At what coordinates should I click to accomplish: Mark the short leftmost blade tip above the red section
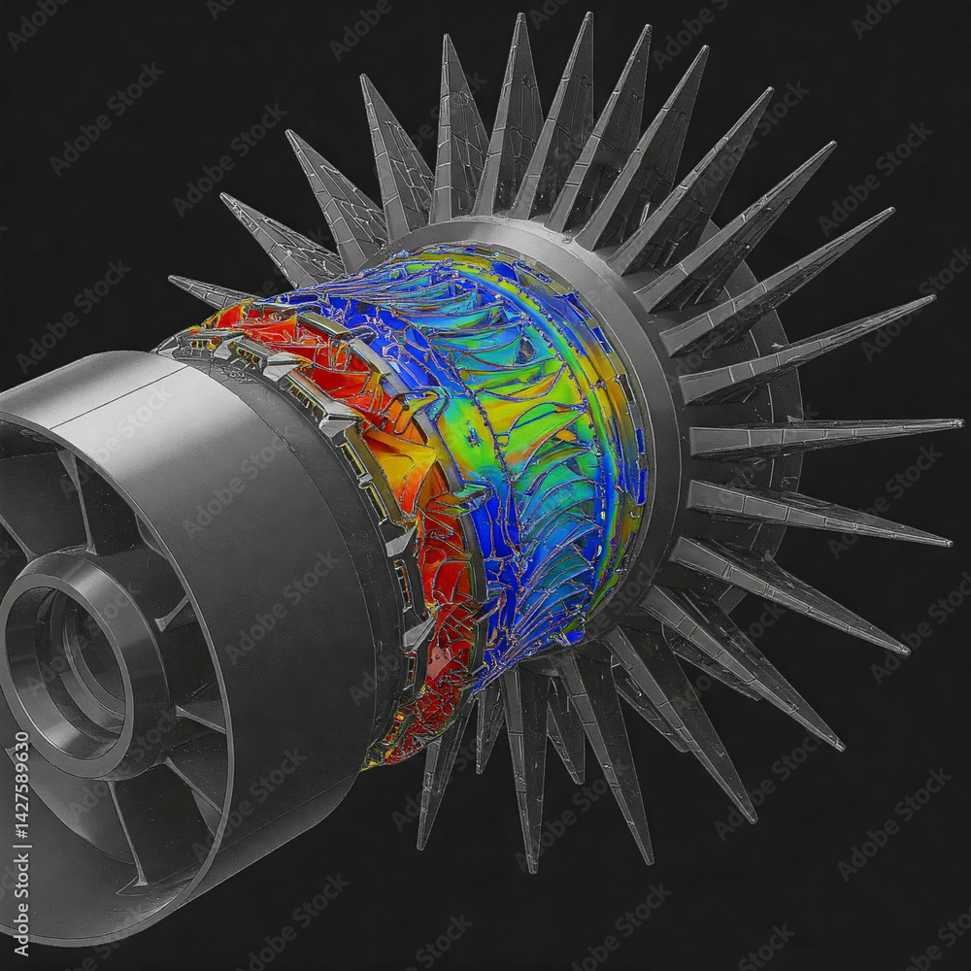173,281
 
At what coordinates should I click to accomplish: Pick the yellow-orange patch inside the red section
398,456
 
